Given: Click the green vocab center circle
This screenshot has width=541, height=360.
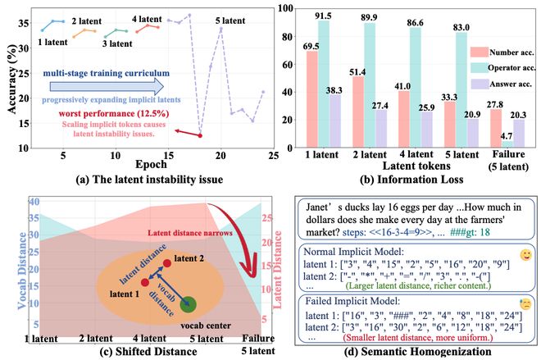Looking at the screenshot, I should click(x=189, y=306).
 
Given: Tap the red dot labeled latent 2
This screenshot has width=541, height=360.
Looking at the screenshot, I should click(x=166, y=262).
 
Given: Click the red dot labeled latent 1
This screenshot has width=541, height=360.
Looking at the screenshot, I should click(x=145, y=282).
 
